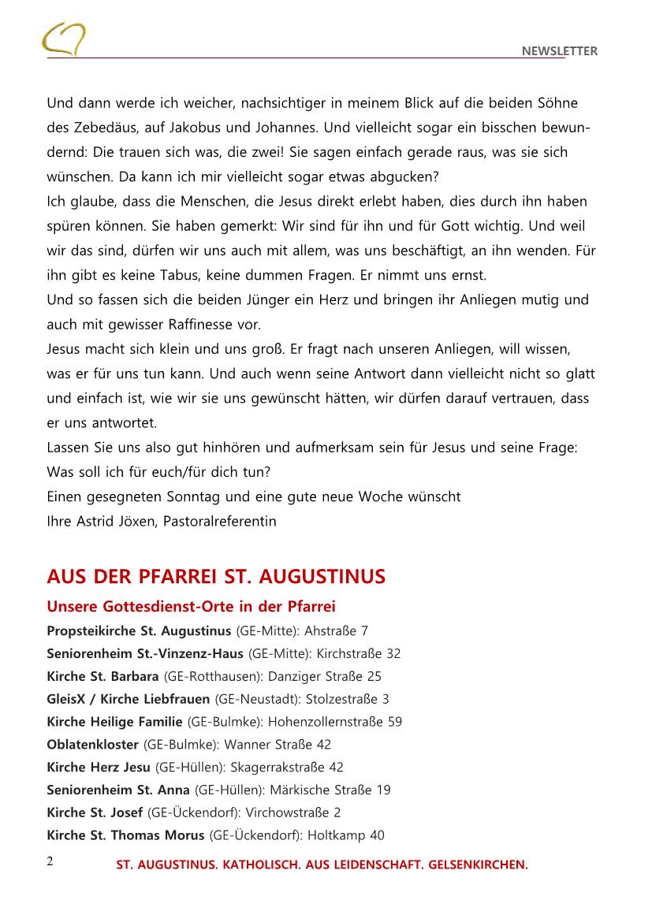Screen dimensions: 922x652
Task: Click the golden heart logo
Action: pyautogui.click(x=65, y=39)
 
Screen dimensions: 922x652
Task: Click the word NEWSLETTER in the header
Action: pyautogui.click(x=560, y=51)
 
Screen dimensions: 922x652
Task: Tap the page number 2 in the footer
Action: pyautogui.click(x=50, y=861)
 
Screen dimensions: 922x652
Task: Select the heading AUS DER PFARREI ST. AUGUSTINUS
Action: pyautogui.click(x=216, y=577)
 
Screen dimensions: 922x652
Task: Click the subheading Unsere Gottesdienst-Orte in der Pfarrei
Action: pyautogui.click(x=192, y=607)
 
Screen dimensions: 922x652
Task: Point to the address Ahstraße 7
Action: pyautogui.click(x=336, y=630)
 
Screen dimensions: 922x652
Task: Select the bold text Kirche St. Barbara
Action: pyautogui.click(x=102, y=676)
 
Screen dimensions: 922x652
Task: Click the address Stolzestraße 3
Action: pyautogui.click(x=348, y=699)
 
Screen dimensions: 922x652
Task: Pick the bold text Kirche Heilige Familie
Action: pyautogui.click(x=115, y=722)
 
